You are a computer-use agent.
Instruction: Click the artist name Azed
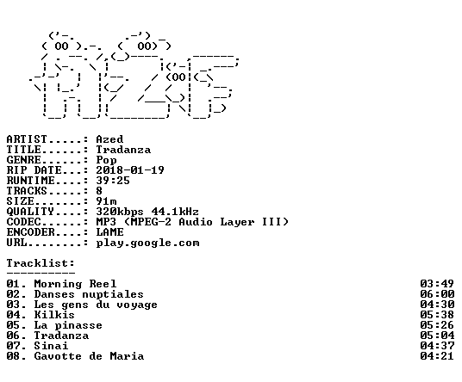109,139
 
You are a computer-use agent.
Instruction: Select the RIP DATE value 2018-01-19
130,170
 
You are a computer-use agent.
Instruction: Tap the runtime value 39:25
113,181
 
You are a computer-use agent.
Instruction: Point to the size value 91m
106,201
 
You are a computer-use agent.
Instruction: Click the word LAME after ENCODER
109,232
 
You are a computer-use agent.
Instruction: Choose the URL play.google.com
147,243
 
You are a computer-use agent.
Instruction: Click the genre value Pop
106,160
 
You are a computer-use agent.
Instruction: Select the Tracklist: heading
41,263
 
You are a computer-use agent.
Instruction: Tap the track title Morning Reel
75,284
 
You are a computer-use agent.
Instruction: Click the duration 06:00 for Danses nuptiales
437,294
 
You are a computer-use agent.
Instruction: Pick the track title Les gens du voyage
96,305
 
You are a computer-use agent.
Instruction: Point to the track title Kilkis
54,315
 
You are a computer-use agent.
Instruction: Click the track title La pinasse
68,325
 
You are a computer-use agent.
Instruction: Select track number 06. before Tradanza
16,336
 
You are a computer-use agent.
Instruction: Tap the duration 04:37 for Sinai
437,346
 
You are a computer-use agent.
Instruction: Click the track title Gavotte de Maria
89,356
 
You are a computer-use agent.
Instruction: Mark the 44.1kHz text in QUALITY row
175,212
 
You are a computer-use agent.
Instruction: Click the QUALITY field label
30,212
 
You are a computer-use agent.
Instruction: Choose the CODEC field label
23,222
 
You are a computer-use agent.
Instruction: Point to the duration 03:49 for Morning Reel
437,284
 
